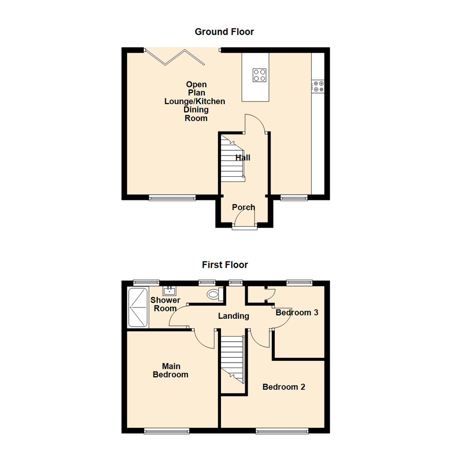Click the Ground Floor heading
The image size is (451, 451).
click(x=224, y=32)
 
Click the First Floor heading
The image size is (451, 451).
click(x=225, y=265)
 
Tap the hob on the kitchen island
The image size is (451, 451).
click(x=259, y=75)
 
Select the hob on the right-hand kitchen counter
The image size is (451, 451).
click(x=319, y=86)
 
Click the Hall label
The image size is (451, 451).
click(x=243, y=158)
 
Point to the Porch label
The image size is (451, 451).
click(x=243, y=207)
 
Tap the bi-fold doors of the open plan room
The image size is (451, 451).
click(x=175, y=57)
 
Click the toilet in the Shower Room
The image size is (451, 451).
click(x=215, y=294)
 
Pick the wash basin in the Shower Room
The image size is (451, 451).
click(x=170, y=291)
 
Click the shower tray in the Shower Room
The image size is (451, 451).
click(x=138, y=307)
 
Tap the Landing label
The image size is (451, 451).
click(x=233, y=316)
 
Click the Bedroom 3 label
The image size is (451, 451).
click(x=297, y=312)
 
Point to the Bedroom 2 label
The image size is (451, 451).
click(x=284, y=387)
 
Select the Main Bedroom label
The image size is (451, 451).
click(x=170, y=370)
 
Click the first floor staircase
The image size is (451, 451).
click(x=232, y=359)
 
